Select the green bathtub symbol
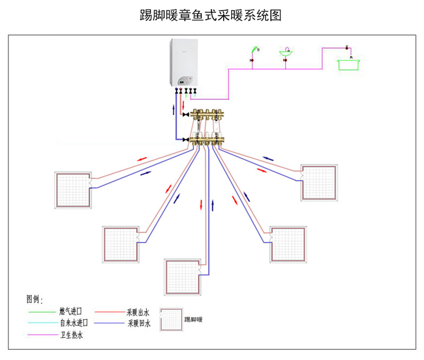pyautogui.click(x=348, y=65)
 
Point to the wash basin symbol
pyautogui.click(x=286, y=53)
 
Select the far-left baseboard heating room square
pyautogui.click(x=74, y=190)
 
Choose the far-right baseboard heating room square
pyautogui.click(x=320, y=182)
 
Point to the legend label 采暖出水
pyautogui.click(x=138, y=312)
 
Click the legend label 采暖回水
pyautogui.click(x=138, y=323)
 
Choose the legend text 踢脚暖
pyautogui.click(x=193, y=320)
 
